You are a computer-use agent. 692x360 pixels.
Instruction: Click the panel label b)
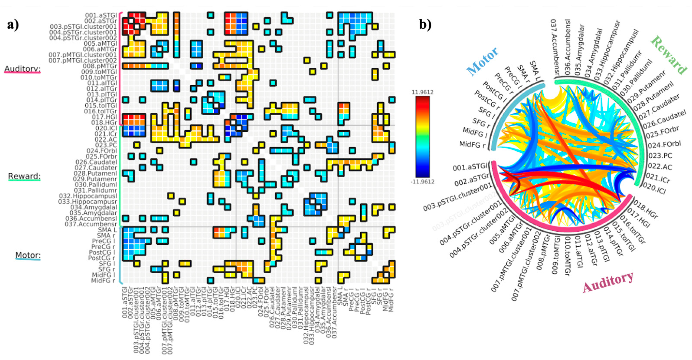tap(425, 25)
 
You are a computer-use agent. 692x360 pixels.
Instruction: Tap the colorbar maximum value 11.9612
tap(422, 92)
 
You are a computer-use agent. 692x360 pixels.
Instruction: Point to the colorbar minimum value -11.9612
tap(422, 182)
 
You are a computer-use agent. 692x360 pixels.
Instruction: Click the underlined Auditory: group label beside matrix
tap(22, 69)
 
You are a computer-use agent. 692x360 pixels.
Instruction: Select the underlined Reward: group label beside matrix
tap(24, 176)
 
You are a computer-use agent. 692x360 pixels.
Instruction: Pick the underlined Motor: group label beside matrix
tap(28, 255)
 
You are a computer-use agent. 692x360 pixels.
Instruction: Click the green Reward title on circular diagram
tap(668, 55)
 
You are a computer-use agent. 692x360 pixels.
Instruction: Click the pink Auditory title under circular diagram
tap(608, 282)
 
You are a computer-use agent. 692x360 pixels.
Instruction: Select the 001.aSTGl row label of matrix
tap(101, 15)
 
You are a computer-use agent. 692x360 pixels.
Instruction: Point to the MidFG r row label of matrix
tap(103, 281)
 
